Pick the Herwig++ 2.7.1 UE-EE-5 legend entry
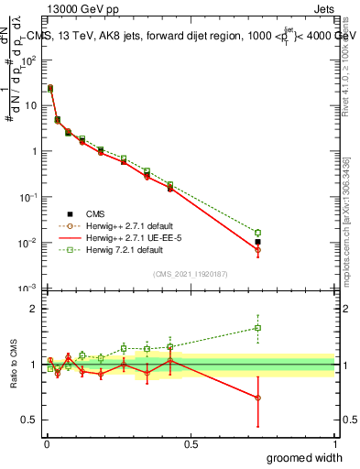point(128,237)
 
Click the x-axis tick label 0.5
point(191,443)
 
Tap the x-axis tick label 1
point(334,443)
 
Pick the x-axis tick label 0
point(47,443)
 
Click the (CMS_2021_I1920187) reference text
point(190,274)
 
